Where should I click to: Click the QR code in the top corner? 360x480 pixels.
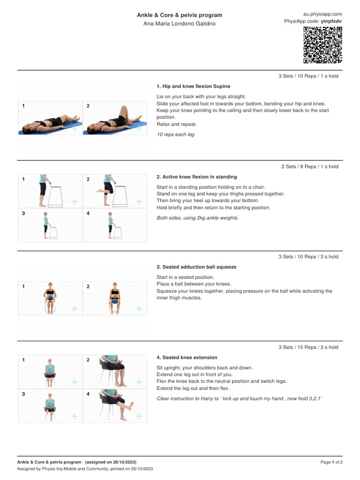tap(322, 45)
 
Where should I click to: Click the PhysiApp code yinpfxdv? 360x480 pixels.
tap(331, 22)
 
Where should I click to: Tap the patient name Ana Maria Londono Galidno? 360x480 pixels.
tap(180, 24)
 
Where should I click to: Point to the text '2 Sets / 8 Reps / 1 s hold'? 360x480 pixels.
tap(309, 166)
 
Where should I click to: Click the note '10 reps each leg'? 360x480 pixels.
tap(175, 135)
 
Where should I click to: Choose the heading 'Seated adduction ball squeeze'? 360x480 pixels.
tap(196, 267)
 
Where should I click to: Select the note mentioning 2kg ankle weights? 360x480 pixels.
tap(197, 217)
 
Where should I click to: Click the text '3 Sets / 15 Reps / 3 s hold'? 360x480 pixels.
tap(308, 347)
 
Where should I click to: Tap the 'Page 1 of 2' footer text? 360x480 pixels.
tap(331, 462)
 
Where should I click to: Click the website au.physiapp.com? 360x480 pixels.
tap(322, 14)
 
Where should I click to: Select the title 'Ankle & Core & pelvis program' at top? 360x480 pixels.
tap(180, 15)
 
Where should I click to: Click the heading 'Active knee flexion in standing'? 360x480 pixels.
tap(196, 177)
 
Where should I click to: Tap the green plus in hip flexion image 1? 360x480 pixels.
tap(75, 128)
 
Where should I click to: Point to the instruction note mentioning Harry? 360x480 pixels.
tap(239, 398)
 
